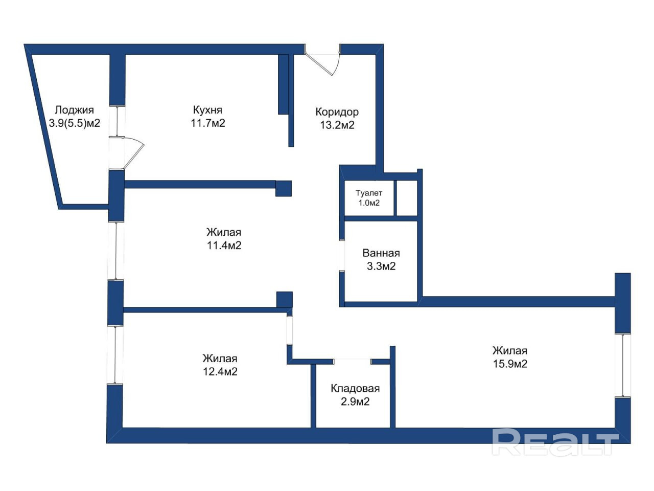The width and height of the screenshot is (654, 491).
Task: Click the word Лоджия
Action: point(74,110)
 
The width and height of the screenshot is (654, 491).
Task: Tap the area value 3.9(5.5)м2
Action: point(74,123)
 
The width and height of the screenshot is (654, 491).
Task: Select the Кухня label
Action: point(207,110)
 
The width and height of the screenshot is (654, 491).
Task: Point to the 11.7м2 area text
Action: point(207,123)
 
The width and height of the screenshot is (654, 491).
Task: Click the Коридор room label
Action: point(337,112)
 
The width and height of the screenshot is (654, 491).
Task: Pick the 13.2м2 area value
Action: point(337,125)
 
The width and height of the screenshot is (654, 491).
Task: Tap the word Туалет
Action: point(368,193)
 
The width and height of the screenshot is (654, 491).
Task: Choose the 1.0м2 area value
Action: point(369,203)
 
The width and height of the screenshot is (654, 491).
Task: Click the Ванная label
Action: point(381,253)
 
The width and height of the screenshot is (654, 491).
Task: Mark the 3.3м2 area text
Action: point(381,266)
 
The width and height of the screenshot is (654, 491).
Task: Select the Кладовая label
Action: point(355,388)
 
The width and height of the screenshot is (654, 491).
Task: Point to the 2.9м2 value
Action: point(355,401)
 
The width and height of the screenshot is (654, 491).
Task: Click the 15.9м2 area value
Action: point(510,364)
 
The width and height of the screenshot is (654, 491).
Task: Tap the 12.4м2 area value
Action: point(220,372)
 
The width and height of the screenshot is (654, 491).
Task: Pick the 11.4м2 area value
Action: point(224,245)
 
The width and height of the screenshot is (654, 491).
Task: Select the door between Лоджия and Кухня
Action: point(126,153)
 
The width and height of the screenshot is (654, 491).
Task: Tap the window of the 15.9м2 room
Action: point(622,366)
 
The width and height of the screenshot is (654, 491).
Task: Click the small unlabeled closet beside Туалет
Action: point(407,197)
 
